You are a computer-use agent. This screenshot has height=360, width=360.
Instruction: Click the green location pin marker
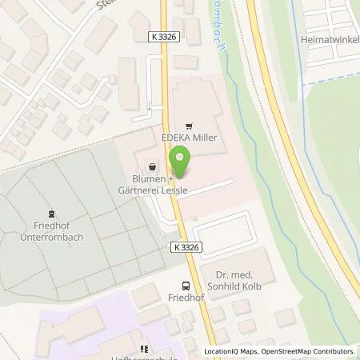point(180,166)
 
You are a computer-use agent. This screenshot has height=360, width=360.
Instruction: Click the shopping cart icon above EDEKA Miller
point(189,126)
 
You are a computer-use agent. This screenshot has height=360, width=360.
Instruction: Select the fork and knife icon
point(145,349)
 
